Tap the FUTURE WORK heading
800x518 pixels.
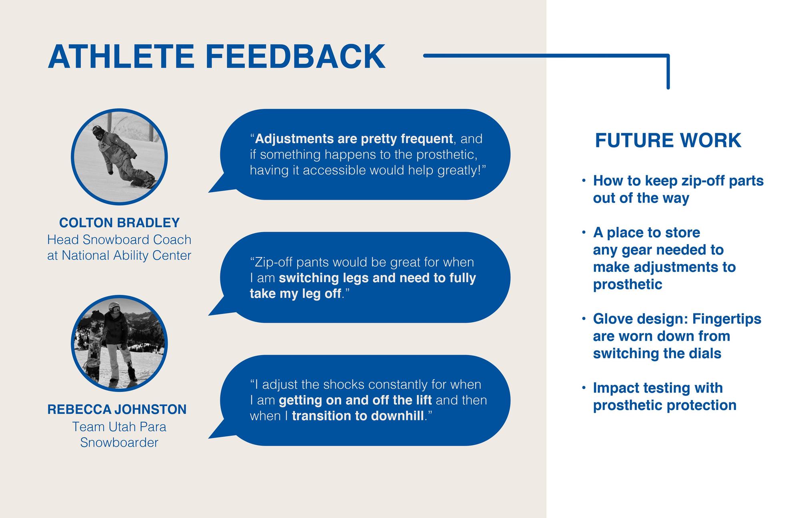coord(668,141)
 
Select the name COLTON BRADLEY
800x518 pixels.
coord(119,223)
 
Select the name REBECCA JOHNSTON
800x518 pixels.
coord(117,409)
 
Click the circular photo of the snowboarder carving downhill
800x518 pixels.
coord(119,157)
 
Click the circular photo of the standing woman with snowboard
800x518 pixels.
coord(119,343)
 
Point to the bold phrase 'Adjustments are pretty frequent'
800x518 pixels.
coord(354,139)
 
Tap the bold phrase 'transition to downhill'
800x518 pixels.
coord(358,416)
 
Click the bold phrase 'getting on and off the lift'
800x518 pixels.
coord(355,400)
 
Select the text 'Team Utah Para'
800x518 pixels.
coord(119,427)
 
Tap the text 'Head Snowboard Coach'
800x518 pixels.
coord(119,240)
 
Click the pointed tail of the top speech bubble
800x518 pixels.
coord(209,192)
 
